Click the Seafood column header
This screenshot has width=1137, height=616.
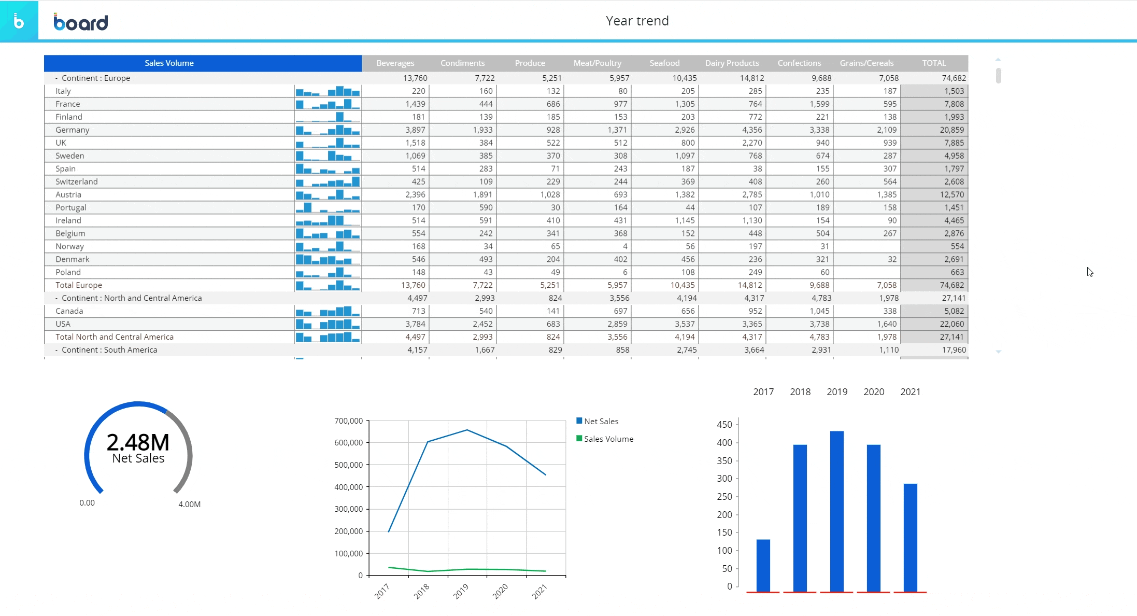(664, 63)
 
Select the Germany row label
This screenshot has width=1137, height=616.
(73, 130)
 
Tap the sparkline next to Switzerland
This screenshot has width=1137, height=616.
(328, 181)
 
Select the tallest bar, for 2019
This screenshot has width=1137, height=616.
(836, 511)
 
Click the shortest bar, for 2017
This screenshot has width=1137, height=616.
(763, 565)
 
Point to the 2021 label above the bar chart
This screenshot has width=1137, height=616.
(910, 392)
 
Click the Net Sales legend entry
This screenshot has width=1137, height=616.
(601, 421)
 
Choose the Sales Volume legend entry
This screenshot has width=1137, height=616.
(608, 439)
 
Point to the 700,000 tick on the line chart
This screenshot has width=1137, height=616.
(348, 421)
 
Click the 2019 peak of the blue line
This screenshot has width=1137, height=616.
(467, 430)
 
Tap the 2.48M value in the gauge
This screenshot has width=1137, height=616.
(138, 442)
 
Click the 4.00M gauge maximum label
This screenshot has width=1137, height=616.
(189, 504)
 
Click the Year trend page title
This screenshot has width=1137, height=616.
(637, 21)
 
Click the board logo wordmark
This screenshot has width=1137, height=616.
(81, 22)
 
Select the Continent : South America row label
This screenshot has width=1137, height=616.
(109, 350)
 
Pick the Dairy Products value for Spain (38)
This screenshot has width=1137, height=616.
(757, 169)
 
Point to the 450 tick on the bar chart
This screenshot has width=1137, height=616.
(724, 424)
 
